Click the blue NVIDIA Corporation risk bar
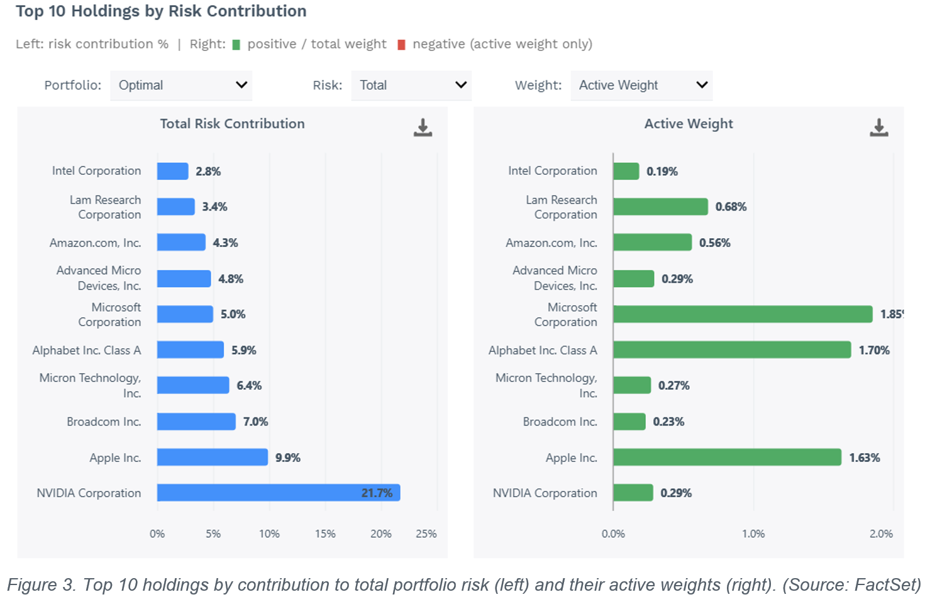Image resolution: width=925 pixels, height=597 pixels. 279,493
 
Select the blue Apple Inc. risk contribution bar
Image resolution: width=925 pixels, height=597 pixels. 213,457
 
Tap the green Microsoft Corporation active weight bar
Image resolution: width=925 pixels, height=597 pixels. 743,314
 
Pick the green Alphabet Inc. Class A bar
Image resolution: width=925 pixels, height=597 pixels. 732,350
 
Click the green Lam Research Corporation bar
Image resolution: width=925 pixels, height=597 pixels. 661,206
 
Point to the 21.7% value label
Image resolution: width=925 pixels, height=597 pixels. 377,493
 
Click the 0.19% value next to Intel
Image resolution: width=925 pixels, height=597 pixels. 662,171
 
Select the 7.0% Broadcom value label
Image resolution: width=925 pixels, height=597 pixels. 255,422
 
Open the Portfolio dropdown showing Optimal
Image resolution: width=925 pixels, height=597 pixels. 181,85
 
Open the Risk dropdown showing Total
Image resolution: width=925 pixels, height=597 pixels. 411,85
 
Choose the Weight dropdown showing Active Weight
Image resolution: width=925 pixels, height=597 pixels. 642,85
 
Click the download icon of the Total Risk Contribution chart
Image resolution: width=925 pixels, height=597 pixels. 423,128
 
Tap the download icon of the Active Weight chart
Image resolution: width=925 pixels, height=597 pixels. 879,128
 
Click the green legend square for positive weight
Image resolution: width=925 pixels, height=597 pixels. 236,45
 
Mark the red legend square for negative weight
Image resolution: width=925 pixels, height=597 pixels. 401,45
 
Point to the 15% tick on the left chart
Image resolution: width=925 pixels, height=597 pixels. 325,534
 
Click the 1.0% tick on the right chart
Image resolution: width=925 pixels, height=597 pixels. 753,534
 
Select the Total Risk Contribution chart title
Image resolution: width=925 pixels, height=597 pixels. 233,124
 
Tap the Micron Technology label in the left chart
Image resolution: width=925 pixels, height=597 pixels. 91,385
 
